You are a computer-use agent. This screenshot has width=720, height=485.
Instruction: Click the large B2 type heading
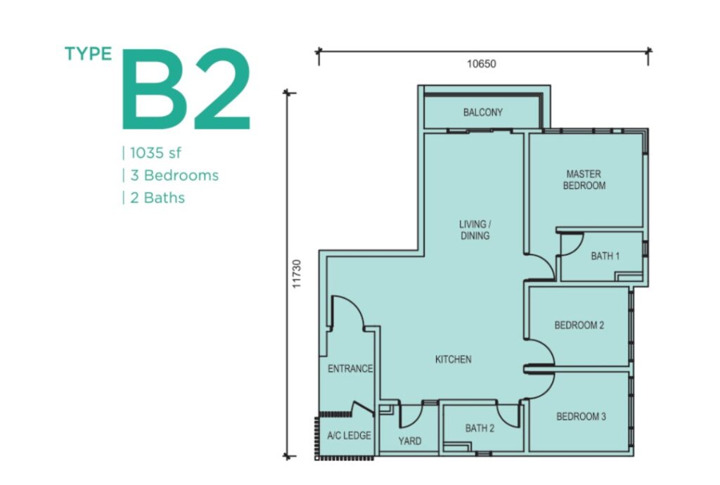pyautogui.click(x=186, y=89)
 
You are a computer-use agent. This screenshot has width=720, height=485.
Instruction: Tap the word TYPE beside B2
pyautogui.click(x=89, y=53)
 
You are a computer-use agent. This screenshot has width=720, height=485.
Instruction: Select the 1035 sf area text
pyautogui.click(x=155, y=153)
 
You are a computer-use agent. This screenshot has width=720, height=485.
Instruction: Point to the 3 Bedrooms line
pyautogui.click(x=174, y=175)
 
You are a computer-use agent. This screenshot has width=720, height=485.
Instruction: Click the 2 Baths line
pyautogui.click(x=157, y=198)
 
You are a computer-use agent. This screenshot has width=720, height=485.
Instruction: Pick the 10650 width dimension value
pyautogui.click(x=482, y=64)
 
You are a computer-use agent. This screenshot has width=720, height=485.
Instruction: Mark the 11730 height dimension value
pyautogui.click(x=297, y=274)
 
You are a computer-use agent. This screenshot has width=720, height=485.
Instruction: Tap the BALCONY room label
pyautogui.click(x=483, y=112)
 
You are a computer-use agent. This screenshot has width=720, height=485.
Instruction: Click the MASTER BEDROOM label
pyautogui.click(x=584, y=180)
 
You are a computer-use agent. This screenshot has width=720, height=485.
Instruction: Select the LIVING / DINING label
pyautogui.click(x=475, y=230)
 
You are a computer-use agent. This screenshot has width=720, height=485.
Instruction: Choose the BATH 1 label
pyautogui.click(x=605, y=256)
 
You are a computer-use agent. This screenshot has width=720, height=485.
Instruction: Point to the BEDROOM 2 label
pyautogui.click(x=579, y=325)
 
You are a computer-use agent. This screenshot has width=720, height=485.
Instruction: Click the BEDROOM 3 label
pyautogui.click(x=581, y=417)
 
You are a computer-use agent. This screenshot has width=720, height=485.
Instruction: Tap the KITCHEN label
pyautogui.click(x=454, y=359)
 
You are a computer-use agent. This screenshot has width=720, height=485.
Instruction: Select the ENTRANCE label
pyautogui.click(x=350, y=368)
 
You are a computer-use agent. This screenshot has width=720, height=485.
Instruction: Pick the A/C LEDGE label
pyautogui.click(x=349, y=435)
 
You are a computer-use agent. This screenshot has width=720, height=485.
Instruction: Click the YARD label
pyautogui.click(x=410, y=441)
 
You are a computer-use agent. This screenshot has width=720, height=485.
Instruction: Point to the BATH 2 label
pyautogui.click(x=480, y=429)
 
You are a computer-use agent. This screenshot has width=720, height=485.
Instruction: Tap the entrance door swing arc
pyautogui.click(x=356, y=304)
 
